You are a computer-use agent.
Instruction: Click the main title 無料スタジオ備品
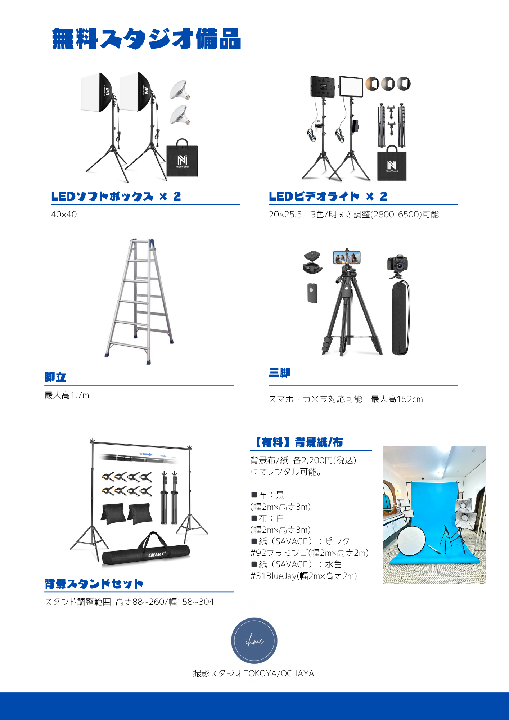pyautogui.click(x=147, y=39)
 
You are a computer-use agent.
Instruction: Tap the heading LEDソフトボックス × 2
pyautogui.click(x=116, y=196)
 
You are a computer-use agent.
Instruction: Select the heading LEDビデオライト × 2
pyautogui.click(x=328, y=196)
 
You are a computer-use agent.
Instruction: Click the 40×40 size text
pyautogui.click(x=64, y=215)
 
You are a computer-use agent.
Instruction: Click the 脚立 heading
pyautogui.click(x=55, y=377)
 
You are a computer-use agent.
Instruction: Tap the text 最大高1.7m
pyautogui.click(x=67, y=395)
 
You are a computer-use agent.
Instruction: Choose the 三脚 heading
pyautogui.click(x=280, y=373)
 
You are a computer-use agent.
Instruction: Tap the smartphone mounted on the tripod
pyautogui.click(x=347, y=257)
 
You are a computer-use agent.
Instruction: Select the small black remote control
pyautogui.click(x=312, y=293)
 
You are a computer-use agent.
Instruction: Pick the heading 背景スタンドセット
pyautogui.click(x=94, y=584)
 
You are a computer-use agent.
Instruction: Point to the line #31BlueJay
pyautogui.click(x=304, y=576)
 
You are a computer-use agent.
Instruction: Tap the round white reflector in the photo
pyautogui.click(x=411, y=541)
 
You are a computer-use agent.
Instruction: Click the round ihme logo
pyautogui.click(x=254, y=641)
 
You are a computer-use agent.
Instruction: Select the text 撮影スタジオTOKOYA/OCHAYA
pyautogui.click(x=253, y=674)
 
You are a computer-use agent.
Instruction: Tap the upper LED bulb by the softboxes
pyautogui.click(x=180, y=90)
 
